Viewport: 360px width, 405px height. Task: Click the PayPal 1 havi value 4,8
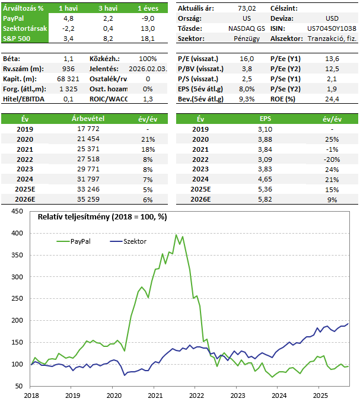point(68,18)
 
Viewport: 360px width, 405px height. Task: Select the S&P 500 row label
point(17,39)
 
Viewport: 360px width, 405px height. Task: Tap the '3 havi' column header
point(108,8)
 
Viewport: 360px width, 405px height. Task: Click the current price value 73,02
point(247,8)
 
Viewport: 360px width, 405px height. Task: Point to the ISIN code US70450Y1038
point(332,28)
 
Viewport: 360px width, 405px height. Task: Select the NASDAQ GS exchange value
point(247,28)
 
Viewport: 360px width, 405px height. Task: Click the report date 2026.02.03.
point(148,69)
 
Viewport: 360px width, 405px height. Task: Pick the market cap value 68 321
point(68,79)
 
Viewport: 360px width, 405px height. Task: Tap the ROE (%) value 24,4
point(332,99)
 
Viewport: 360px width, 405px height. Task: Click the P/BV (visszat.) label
point(200,69)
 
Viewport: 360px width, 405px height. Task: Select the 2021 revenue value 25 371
point(88,149)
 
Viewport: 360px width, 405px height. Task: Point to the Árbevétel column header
point(88,119)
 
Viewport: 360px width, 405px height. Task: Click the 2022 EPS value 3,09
point(265,160)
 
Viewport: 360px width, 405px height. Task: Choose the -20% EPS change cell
point(332,160)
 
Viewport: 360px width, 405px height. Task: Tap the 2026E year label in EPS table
point(200,199)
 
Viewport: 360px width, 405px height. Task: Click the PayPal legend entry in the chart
point(74,241)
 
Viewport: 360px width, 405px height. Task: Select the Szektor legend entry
point(128,241)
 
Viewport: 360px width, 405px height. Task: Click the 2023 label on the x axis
point(238,396)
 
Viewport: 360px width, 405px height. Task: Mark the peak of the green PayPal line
point(176,235)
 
